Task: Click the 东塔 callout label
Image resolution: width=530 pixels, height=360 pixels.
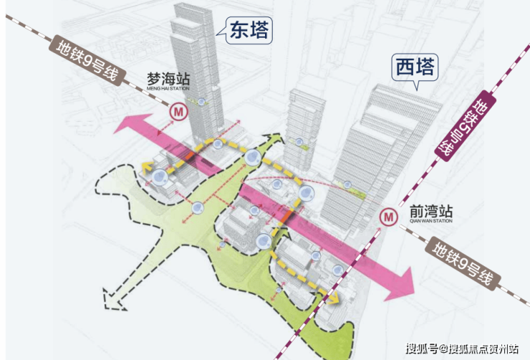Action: pyautogui.click(x=249, y=30)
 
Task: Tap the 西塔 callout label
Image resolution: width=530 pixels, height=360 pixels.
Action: pyautogui.click(x=415, y=67)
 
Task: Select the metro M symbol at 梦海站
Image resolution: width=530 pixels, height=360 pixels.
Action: pyautogui.click(x=178, y=111)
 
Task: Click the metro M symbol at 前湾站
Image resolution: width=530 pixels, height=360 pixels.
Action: pyautogui.click(x=388, y=216)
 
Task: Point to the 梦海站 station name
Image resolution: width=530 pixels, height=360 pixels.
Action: pyautogui.click(x=168, y=79)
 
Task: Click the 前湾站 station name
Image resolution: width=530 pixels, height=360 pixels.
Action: pyautogui.click(x=431, y=212)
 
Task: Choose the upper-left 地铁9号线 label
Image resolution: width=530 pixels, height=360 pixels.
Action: pyautogui.click(x=88, y=60)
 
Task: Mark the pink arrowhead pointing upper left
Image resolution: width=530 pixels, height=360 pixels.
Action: pyautogui.click(x=130, y=124)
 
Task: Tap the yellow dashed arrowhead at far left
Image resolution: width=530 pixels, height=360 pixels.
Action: pyautogui.click(x=147, y=167)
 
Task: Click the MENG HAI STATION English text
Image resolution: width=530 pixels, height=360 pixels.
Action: pyautogui.click(x=168, y=89)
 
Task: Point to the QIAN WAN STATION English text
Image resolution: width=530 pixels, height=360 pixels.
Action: pyautogui.click(x=431, y=221)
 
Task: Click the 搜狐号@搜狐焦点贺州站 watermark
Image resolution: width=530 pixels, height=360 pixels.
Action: pyautogui.click(x=463, y=349)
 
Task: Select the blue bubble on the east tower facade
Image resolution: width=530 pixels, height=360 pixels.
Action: pyautogui.click(x=201, y=102)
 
